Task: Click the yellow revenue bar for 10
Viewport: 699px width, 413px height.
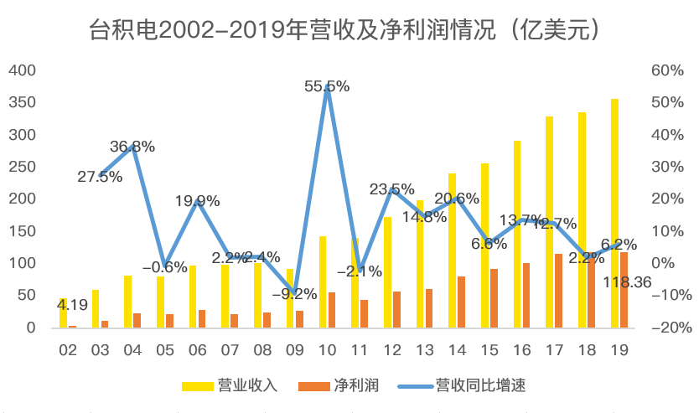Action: click(323, 281)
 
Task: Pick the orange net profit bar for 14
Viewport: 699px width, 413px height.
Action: click(461, 302)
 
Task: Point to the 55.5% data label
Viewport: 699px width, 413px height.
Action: click(327, 86)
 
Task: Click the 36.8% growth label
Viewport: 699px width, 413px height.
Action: click(132, 147)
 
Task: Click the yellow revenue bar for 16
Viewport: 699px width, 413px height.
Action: click(517, 234)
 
